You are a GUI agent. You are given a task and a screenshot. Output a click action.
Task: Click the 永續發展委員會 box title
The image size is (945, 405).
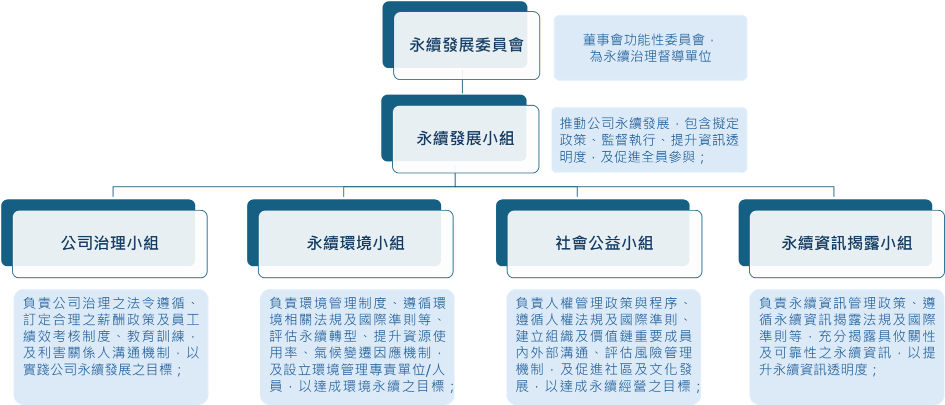point(466,45)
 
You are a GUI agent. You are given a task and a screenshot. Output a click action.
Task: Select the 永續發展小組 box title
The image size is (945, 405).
point(465,139)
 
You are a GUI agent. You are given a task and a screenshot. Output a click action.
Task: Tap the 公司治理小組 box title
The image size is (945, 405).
point(109,243)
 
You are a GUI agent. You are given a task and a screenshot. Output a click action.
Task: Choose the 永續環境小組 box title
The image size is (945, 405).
point(355,243)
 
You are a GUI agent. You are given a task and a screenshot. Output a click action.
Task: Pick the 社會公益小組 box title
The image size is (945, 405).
point(604,243)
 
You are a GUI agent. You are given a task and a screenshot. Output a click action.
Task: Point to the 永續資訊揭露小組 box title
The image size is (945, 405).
point(846,243)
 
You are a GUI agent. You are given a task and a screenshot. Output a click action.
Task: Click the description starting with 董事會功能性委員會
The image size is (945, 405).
point(650,48)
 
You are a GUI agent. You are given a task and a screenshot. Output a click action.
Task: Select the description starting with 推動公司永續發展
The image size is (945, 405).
point(649,140)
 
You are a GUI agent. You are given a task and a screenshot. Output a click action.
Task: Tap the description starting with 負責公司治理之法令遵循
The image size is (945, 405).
point(111,336)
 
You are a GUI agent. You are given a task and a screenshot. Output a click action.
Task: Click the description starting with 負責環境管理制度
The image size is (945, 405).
point(357,344)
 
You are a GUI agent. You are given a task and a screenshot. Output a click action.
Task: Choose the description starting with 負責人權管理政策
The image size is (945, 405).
point(603,344)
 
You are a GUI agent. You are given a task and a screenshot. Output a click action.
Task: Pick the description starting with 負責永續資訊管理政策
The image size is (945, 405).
point(846,336)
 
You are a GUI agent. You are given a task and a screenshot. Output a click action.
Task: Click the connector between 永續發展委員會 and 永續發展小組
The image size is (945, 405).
point(462,86)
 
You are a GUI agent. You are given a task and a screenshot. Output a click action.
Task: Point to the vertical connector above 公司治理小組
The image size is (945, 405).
point(113,192)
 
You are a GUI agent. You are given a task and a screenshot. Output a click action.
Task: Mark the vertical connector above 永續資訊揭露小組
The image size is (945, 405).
point(833,192)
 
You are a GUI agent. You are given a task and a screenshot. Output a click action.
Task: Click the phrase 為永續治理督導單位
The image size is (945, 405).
point(650,56)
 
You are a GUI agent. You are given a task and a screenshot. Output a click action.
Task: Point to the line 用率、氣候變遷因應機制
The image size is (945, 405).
point(357,353)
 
